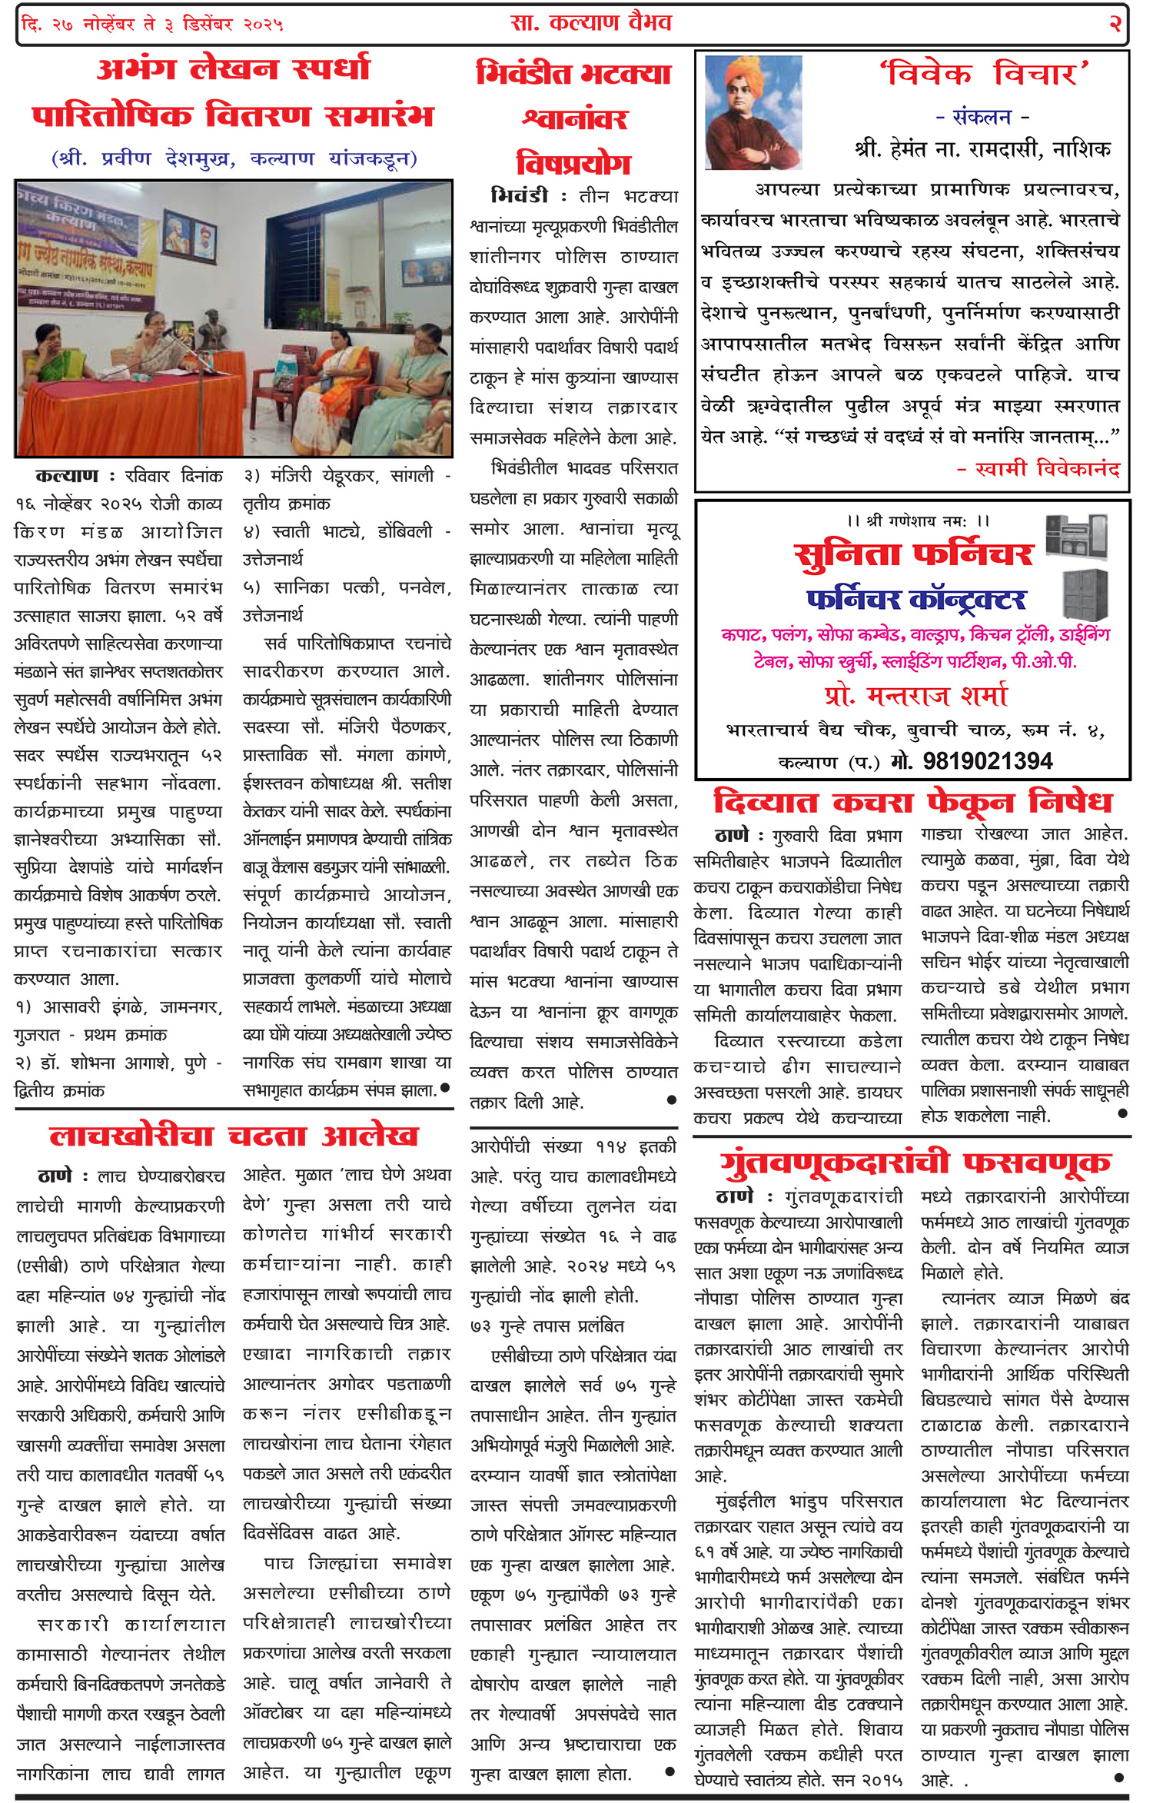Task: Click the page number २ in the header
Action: (x=1115, y=24)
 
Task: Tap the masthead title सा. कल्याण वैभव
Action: (x=590, y=23)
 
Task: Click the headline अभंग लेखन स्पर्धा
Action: (x=233, y=69)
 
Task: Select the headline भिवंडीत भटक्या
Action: (x=573, y=74)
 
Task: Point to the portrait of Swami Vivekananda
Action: (x=753, y=112)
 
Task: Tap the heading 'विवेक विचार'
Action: (x=984, y=75)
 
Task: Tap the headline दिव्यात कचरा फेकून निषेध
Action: (x=912, y=803)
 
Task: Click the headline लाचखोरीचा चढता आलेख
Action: (x=234, y=1136)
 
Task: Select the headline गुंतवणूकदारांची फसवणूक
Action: (x=914, y=1163)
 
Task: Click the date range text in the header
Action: (x=152, y=25)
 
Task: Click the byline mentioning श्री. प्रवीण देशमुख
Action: (x=234, y=159)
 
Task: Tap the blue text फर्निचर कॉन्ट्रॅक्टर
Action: (x=915, y=599)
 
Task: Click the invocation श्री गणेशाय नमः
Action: (x=918, y=521)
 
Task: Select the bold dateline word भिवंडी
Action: (x=520, y=197)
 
